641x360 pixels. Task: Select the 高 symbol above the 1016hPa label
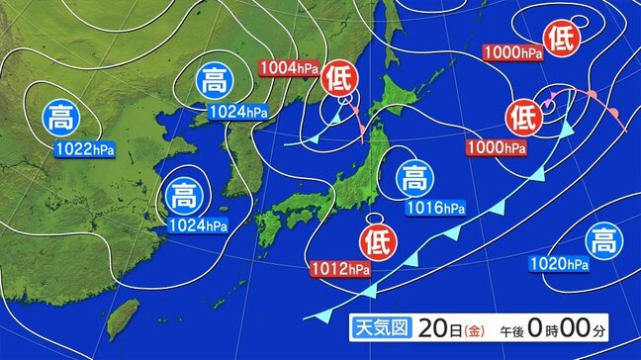414,179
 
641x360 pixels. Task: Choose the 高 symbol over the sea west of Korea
183,193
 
